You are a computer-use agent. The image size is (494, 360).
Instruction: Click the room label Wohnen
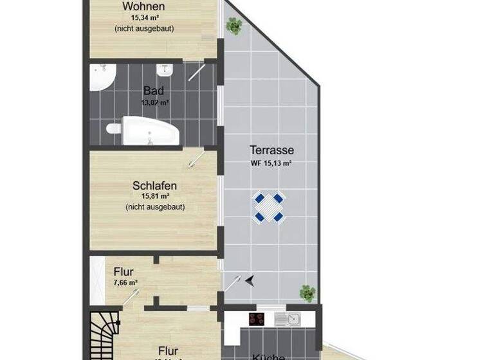[144, 6]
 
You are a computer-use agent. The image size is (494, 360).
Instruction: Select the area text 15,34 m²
[144, 18]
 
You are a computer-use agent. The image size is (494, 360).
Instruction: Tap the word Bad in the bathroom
[154, 91]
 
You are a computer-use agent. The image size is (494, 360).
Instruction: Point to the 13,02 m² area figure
[154, 102]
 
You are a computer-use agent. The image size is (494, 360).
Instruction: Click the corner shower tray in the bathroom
[101, 76]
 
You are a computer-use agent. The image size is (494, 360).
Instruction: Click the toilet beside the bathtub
[114, 130]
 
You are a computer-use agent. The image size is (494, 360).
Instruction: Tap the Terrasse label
[271, 150]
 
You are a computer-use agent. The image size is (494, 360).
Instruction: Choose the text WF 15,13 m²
[271, 163]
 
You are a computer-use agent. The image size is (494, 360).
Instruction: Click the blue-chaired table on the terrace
[269, 207]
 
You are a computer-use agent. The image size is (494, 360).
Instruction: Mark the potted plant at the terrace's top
[233, 26]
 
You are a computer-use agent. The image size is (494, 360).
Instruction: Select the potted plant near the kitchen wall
[307, 293]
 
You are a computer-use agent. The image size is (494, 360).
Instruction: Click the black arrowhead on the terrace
[249, 280]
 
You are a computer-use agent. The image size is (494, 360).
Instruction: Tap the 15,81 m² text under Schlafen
[155, 197]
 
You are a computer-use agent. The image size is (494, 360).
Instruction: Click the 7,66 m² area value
[125, 282]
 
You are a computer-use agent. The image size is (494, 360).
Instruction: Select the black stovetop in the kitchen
[258, 318]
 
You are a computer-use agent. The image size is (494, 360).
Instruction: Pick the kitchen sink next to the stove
[287, 318]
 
